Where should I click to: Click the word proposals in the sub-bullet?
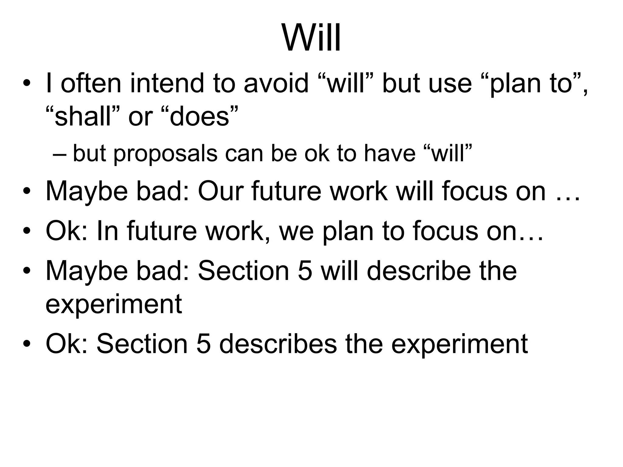click(x=165, y=154)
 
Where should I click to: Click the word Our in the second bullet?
click(x=221, y=191)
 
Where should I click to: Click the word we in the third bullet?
click(x=296, y=231)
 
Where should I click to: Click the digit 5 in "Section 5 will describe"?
click(x=305, y=271)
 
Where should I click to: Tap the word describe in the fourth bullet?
click(x=419, y=271)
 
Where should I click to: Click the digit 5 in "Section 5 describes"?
click(x=204, y=344)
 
